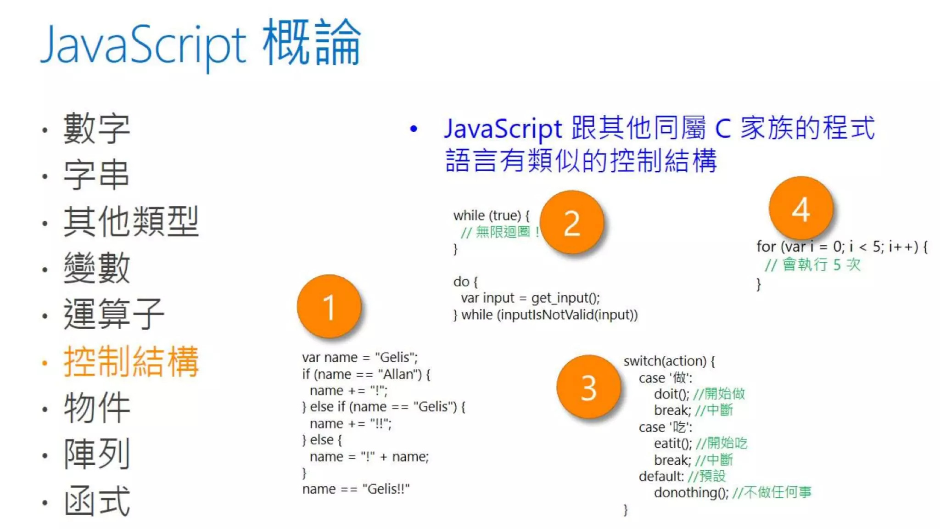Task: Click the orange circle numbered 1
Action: (x=329, y=306)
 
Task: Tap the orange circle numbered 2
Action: (x=572, y=223)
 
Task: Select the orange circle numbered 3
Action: (x=589, y=387)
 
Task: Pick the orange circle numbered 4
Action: (x=801, y=209)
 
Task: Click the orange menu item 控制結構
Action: (x=131, y=362)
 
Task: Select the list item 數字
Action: (x=97, y=129)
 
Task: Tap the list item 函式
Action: (x=97, y=501)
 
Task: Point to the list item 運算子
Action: (x=114, y=314)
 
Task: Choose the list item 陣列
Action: (x=97, y=454)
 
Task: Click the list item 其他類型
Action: (x=131, y=222)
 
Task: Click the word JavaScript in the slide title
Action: (x=144, y=45)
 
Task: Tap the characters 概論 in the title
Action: (x=312, y=42)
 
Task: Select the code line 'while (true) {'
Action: (x=491, y=215)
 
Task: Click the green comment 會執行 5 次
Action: (x=821, y=264)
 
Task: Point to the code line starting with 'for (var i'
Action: (x=842, y=247)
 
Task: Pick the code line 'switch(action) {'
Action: (x=669, y=361)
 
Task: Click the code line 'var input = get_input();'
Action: (x=530, y=298)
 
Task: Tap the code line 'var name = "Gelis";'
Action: (x=360, y=357)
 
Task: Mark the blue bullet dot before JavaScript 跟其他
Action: (x=414, y=129)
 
